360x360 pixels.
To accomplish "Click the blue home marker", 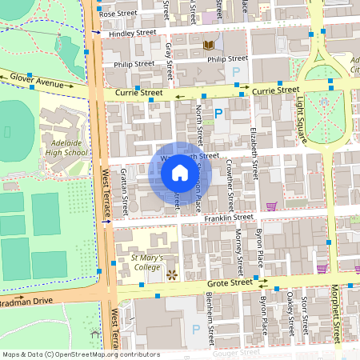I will [180, 173].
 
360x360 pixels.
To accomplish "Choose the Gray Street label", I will [169, 62].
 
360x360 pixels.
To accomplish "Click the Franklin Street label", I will [228, 217].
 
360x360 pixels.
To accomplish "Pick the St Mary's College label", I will [141, 263].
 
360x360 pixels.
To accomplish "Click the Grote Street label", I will [226, 282].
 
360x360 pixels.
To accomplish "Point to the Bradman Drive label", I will [26, 301].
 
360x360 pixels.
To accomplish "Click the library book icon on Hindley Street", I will [209, 46].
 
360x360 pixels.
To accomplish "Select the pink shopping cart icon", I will [271, 206].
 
